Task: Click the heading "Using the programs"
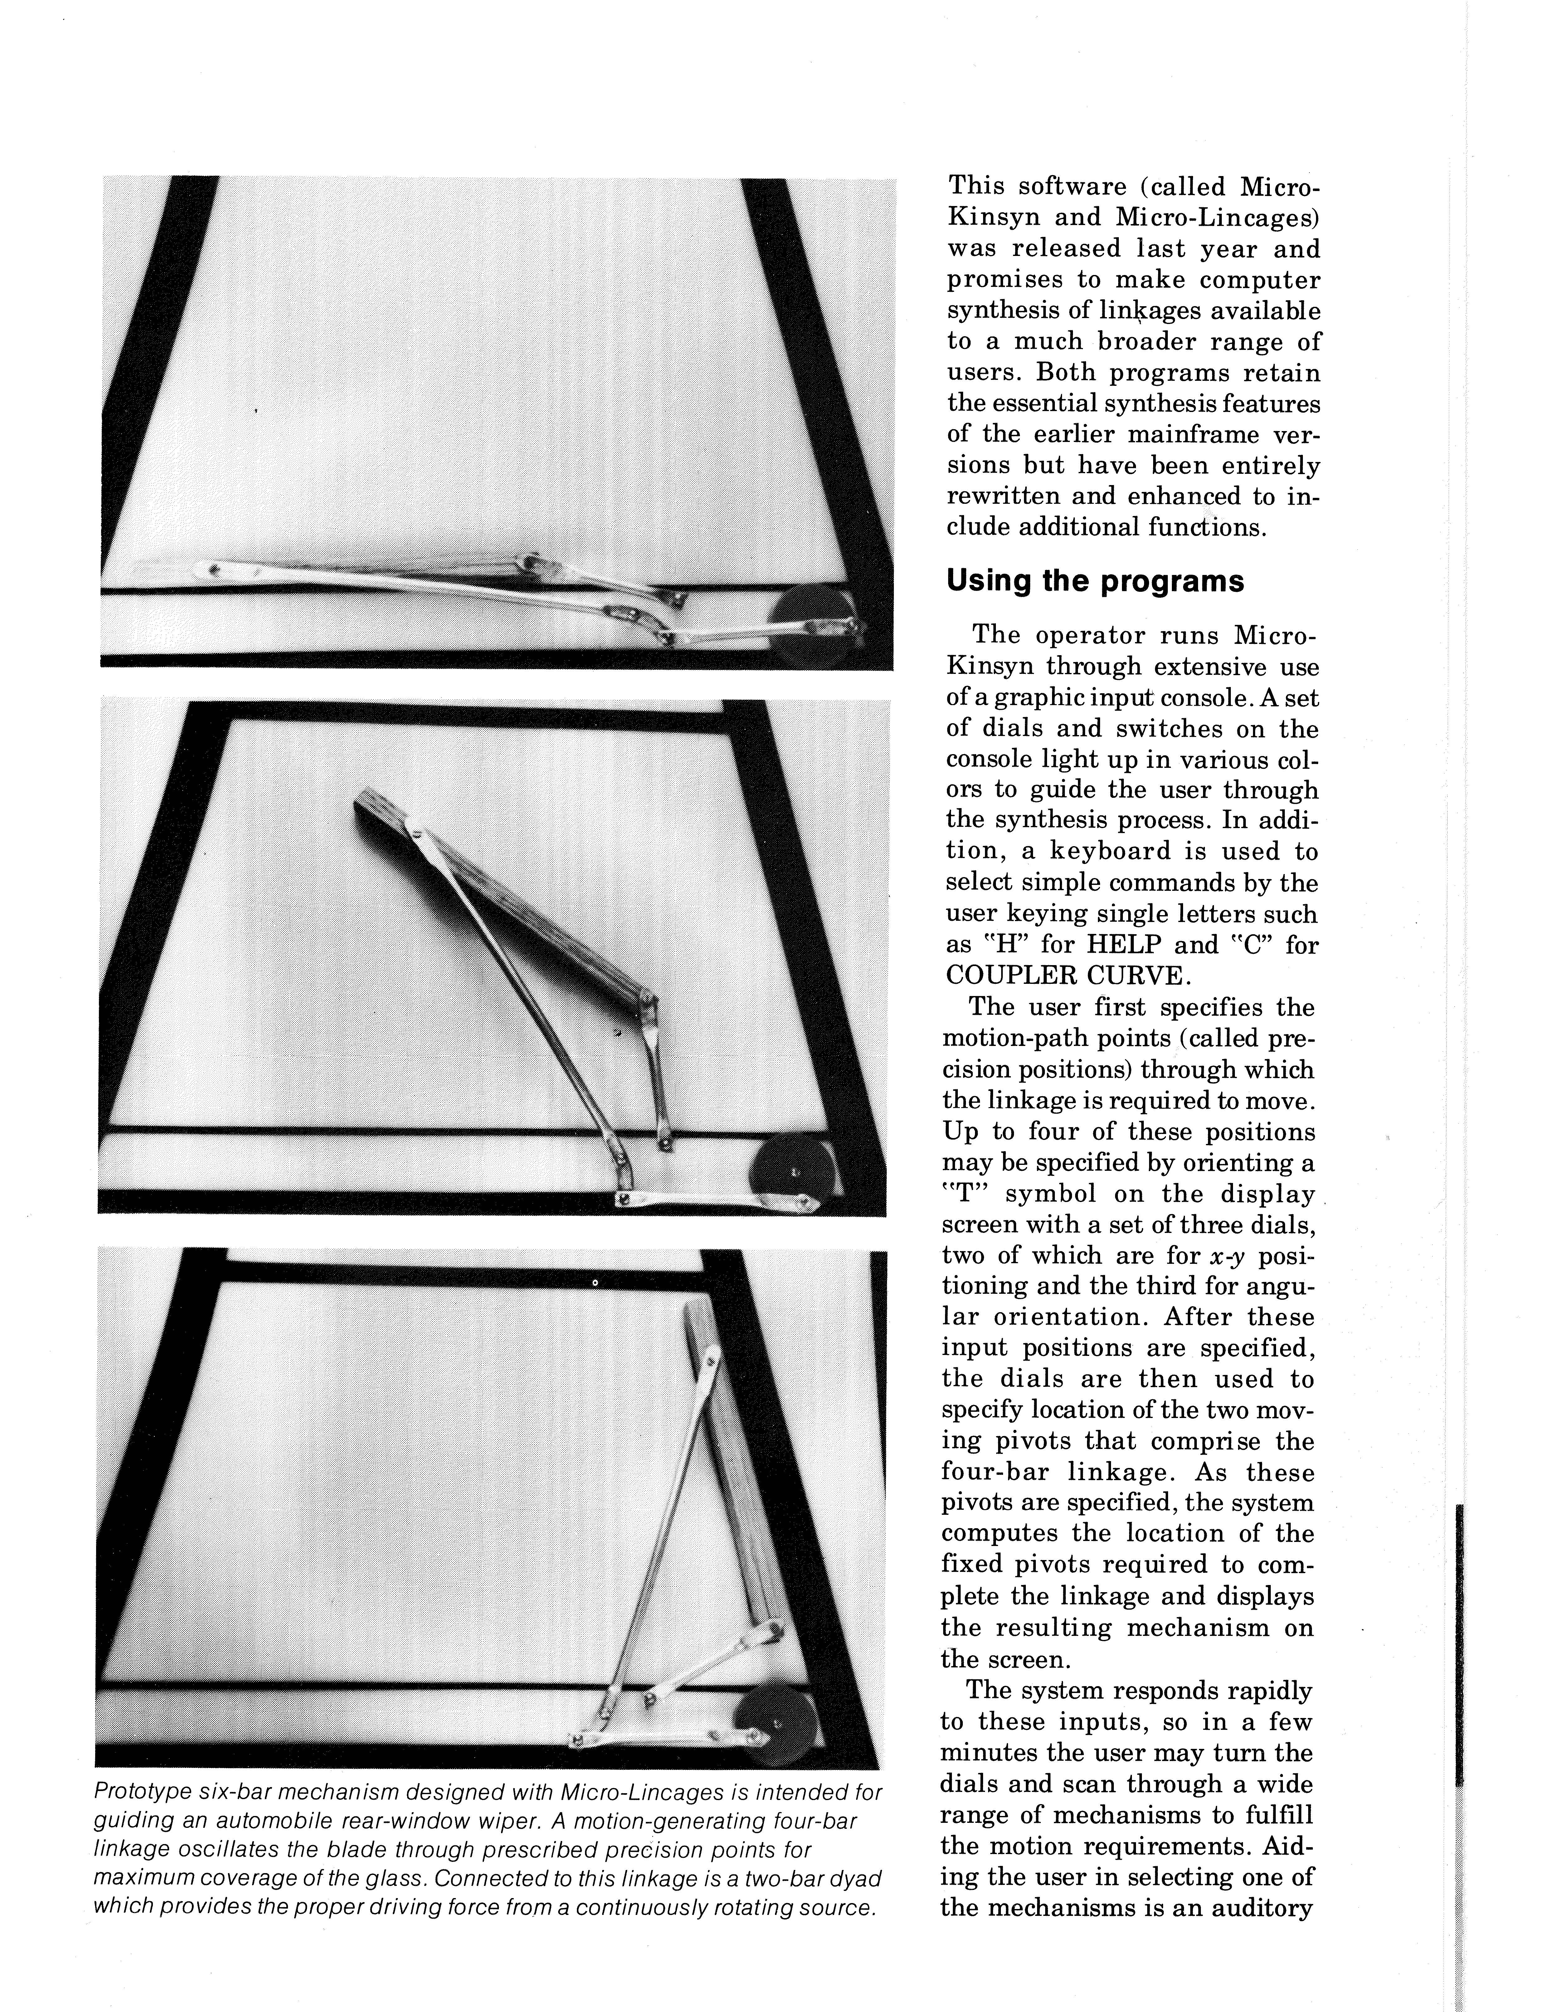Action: click(x=1094, y=582)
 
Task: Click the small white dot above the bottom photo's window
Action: click(x=595, y=1282)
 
